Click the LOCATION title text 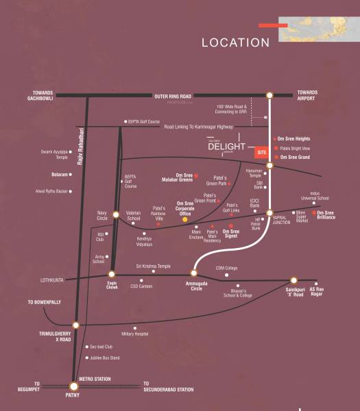235,42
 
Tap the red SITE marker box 261,151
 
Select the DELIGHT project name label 226,145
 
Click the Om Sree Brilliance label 334,215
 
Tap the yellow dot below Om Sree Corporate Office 184,221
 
